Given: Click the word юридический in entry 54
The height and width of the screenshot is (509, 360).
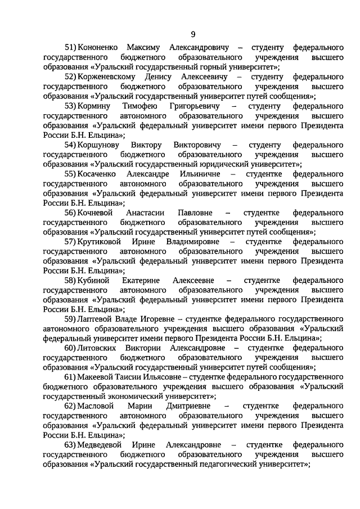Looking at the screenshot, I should tap(222, 164).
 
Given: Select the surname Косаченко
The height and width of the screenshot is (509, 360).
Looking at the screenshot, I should tap(98, 174).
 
